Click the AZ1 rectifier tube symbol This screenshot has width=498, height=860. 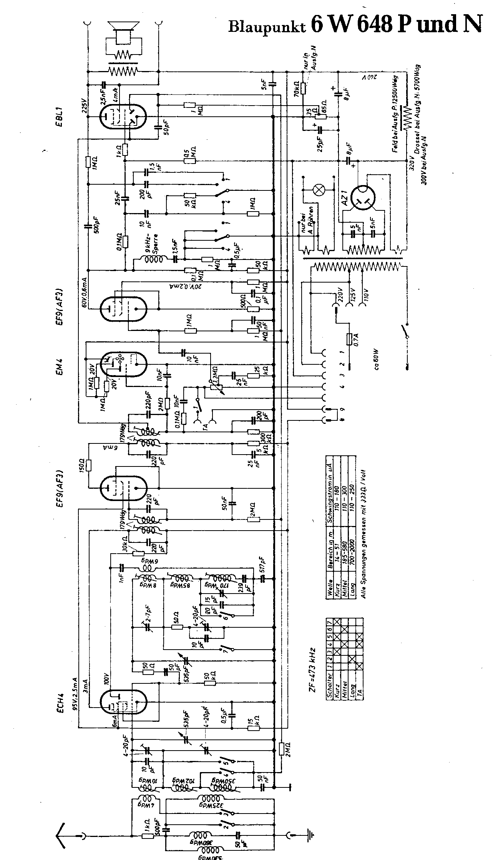364,198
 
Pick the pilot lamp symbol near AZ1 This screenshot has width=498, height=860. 319,190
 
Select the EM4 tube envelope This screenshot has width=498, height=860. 124,364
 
